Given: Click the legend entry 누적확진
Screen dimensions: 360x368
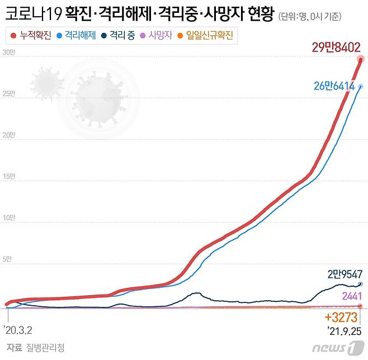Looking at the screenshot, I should pos(31,36).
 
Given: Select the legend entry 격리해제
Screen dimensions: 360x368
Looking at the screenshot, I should pos(76,36).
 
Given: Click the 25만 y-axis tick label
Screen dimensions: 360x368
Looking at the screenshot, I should pos(9,94).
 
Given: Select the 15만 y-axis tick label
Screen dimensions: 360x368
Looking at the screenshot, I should pos(9,177).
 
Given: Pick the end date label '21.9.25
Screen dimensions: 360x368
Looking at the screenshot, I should pos(344,331).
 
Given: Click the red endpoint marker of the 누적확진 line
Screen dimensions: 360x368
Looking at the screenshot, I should pos(361,59).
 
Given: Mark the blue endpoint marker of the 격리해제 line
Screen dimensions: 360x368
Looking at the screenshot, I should pos(361,86).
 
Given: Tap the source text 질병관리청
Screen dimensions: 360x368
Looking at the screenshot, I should pos(45,348).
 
